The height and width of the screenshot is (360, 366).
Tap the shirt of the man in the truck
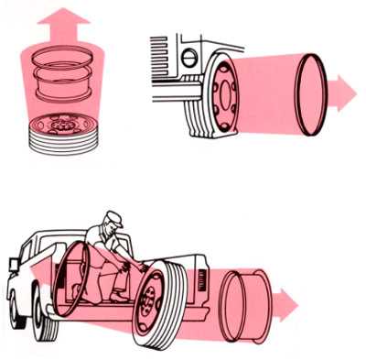click(103, 244)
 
